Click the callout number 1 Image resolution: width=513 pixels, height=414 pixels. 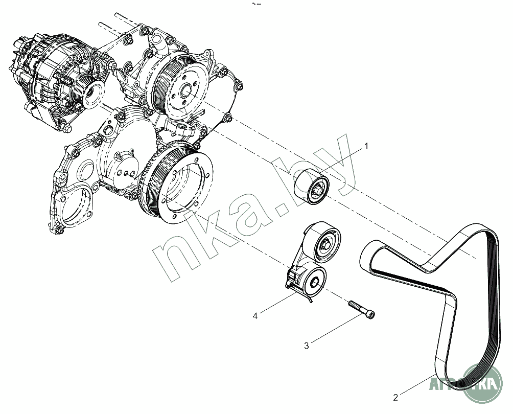pyautogui.click(x=366, y=146)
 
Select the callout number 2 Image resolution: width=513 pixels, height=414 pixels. pyautogui.click(x=395, y=397)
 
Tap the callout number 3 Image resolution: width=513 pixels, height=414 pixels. pyautogui.click(x=307, y=346)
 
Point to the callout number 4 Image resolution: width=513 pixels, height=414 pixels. pyautogui.click(x=254, y=316)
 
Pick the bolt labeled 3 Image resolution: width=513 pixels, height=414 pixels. pyautogui.click(x=362, y=310)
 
